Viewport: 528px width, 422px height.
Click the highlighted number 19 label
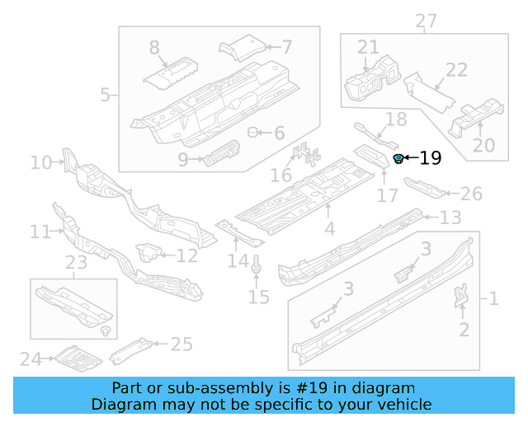pyautogui.click(x=431, y=158)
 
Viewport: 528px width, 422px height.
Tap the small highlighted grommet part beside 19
pyautogui.click(x=398, y=158)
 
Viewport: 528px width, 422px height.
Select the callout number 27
pyautogui.click(x=426, y=20)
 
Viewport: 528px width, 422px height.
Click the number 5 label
pyautogui.click(x=105, y=95)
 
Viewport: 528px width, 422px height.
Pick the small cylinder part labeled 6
pyautogui.click(x=255, y=133)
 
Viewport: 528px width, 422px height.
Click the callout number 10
pyautogui.click(x=41, y=162)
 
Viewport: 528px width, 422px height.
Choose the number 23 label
pyautogui.click(x=77, y=264)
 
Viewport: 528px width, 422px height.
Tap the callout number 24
pyautogui.click(x=31, y=359)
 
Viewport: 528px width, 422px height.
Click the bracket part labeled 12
pyautogui.click(x=149, y=251)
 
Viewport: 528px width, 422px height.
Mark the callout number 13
pyautogui.click(x=450, y=218)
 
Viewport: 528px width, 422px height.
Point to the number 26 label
pyautogui.click(x=470, y=194)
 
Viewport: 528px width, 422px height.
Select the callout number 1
pyautogui.click(x=493, y=298)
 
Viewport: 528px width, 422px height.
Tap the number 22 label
pyautogui.click(x=456, y=70)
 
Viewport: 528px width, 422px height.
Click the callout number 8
pyautogui.click(x=154, y=49)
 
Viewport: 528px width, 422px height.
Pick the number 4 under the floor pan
pyautogui.click(x=329, y=228)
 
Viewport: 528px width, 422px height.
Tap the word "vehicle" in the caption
pyautogui.click(x=403, y=405)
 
